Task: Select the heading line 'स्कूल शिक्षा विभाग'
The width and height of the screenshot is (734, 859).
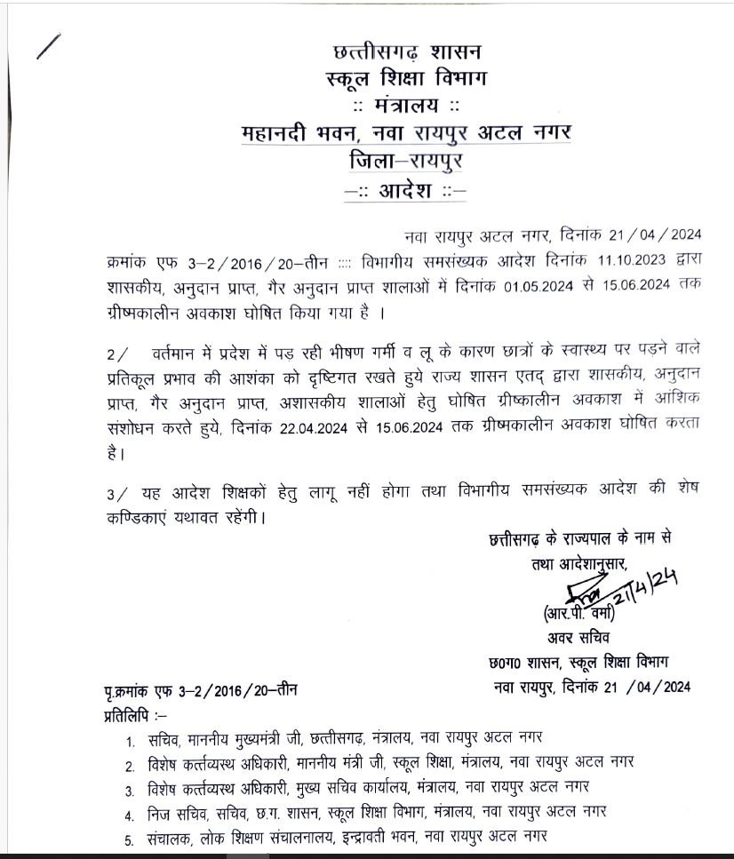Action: pos(406,80)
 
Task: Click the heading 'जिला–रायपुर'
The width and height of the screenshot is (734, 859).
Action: pos(407,162)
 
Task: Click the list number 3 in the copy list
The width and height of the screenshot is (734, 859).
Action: pos(129,789)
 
